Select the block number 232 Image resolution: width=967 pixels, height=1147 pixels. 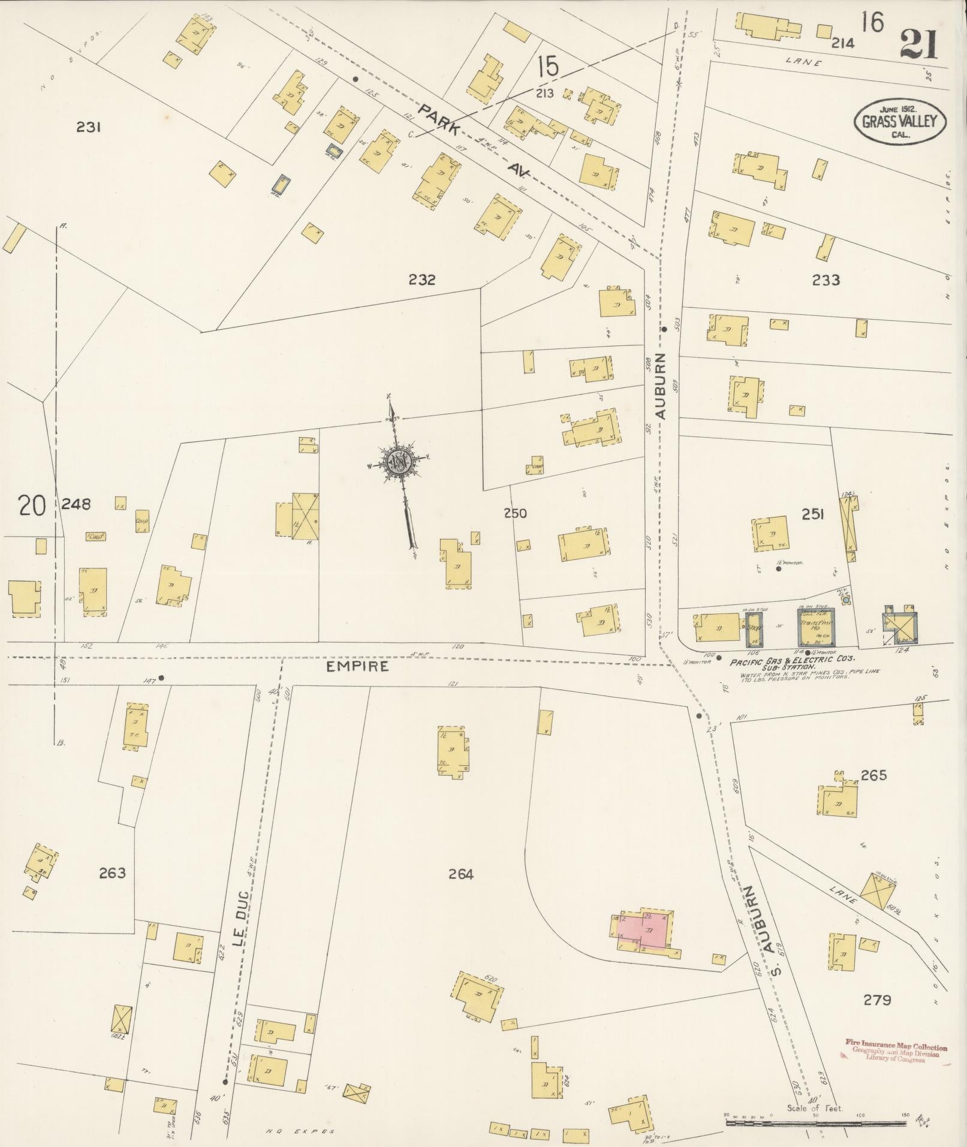click(x=422, y=279)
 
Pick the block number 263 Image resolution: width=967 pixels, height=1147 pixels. click(x=113, y=873)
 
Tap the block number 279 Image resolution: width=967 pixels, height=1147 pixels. click(x=877, y=1000)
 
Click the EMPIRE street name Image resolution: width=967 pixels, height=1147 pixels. click(x=359, y=666)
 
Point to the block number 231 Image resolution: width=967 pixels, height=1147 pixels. click(x=88, y=127)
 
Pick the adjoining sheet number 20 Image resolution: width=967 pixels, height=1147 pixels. click(x=32, y=505)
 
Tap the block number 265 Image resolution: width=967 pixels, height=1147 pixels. click(x=873, y=775)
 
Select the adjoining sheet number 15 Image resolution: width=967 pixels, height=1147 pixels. click(x=548, y=66)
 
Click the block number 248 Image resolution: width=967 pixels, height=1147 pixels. click(x=77, y=504)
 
